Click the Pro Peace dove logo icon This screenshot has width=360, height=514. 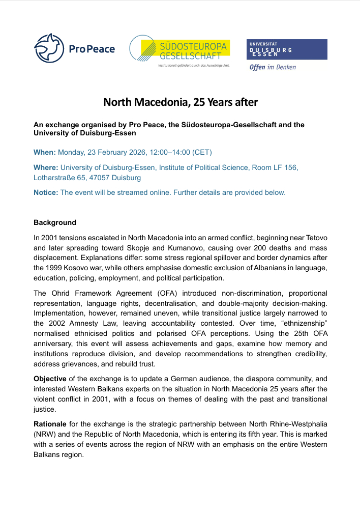49,49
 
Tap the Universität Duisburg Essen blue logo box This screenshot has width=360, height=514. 287,49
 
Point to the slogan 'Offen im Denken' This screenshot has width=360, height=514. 272,67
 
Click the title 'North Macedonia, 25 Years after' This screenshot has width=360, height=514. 181,102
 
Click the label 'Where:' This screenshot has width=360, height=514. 46,167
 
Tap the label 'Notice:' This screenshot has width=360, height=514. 46,192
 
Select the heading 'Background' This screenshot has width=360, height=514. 55,222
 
